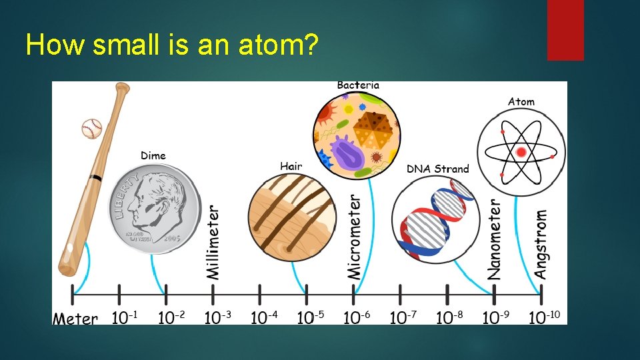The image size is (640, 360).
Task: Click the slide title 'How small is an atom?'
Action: click(x=172, y=45)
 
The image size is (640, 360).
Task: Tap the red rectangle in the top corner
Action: click(x=565, y=29)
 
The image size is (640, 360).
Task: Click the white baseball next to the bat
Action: click(x=91, y=128)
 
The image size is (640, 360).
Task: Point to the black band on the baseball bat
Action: click(x=97, y=178)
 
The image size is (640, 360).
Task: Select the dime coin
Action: click(x=155, y=208)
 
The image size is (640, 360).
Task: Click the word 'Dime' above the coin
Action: click(x=153, y=156)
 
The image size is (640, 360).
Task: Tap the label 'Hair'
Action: click(x=291, y=166)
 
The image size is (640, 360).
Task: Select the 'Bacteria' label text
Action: click(x=358, y=85)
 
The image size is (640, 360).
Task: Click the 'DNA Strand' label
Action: click(x=438, y=169)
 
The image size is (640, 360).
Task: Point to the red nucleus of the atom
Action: click(x=521, y=153)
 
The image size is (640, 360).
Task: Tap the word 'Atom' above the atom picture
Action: click(x=521, y=102)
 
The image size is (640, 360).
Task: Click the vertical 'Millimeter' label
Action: click(x=213, y=241)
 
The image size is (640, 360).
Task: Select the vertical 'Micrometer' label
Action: click(x=355, y=237)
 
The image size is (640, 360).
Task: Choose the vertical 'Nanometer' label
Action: click(x=495, y=239)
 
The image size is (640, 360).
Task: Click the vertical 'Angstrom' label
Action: click(x=541, y=244)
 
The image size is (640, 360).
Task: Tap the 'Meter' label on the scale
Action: click(x=75, y=319)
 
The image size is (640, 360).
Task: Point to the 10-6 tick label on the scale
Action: click(x=357, y=317)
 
